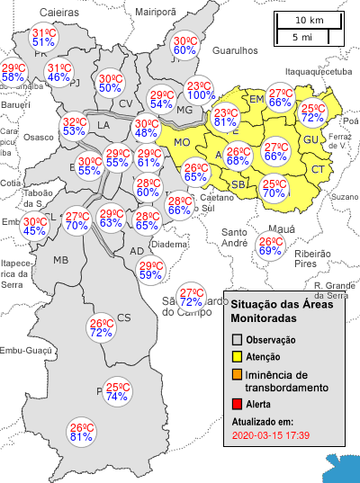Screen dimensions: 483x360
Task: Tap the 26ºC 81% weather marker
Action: coord(82,433)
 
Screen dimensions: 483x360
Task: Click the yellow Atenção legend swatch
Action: coord(237,358)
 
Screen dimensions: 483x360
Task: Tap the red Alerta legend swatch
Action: coord(237,406)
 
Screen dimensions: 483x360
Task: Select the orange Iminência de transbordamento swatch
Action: coord(237,375)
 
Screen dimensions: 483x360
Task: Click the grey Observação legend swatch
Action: coord(237,340)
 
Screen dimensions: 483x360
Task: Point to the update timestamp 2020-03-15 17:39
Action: coord(270,435)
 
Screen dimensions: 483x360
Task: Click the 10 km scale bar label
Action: coord(310,20)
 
